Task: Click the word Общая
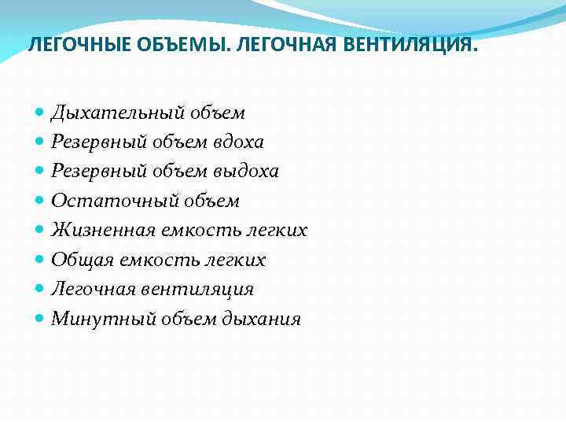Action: click(78, 260)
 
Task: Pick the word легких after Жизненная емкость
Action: click(276, 231)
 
